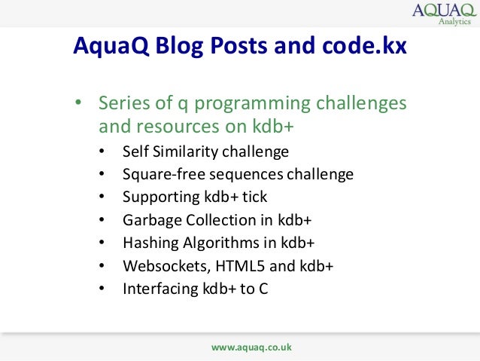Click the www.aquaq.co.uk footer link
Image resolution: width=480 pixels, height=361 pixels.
tap(251, 347)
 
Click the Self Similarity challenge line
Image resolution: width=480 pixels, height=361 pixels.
tap(205, 152)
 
